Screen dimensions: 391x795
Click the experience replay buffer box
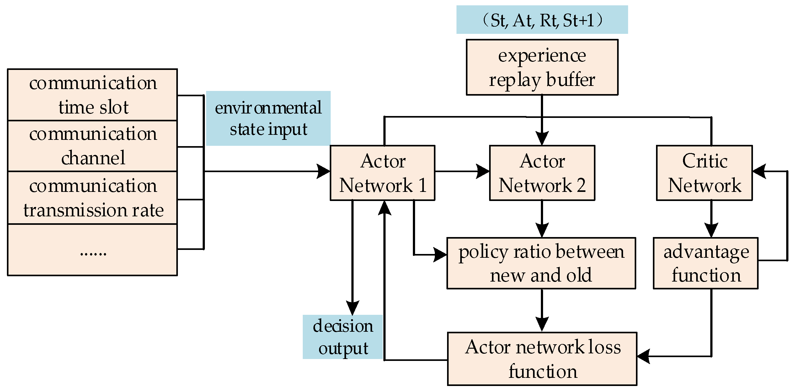coord(542,67)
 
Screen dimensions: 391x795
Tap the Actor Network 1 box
coord(382,173)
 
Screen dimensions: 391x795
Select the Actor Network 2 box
coord(542,173)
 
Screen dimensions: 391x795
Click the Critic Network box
coord(704,173)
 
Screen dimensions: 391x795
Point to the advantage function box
coord(706,263)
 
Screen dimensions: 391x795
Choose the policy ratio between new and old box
coord(541,263)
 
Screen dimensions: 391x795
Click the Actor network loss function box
coord(542,359)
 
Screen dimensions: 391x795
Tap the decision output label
coord(343,337)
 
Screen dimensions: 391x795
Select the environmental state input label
coord(268,118)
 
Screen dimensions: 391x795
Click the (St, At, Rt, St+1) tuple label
coord(542,20)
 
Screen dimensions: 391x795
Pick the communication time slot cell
coord(93,95)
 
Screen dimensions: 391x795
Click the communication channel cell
coord(93,146)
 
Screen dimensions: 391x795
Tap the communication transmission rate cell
coord(93,198)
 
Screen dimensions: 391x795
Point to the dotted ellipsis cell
coord(93,250)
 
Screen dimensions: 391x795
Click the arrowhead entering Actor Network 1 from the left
coord(324,172)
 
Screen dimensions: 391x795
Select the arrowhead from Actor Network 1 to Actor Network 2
coord(483,172)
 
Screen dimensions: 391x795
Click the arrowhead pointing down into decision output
coord(352,308)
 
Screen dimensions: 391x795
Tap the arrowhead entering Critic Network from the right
coord(759,172)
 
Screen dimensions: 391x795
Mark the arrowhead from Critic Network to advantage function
coord(711,230)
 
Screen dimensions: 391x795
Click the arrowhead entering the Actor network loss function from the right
coord(643,357)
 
